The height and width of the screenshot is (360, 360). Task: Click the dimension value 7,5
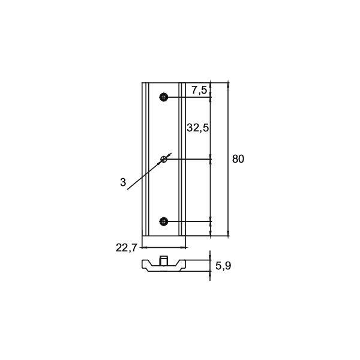tap(199, 90)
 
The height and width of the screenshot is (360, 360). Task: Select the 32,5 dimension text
tap(197, 128)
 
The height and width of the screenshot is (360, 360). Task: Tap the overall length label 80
tap(238, 159)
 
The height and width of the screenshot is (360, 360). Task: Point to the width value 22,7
tap(126, 248)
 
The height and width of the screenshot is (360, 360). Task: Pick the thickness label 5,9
tap(223, 266)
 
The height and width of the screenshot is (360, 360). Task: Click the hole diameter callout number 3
tap(123, 182)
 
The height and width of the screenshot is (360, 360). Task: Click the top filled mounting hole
tap(164, 97)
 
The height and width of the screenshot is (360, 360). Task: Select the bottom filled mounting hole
tap(164, 221)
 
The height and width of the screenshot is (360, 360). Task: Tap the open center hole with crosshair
tap(164, 159)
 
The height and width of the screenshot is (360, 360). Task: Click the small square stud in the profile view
tap(163, 260)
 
